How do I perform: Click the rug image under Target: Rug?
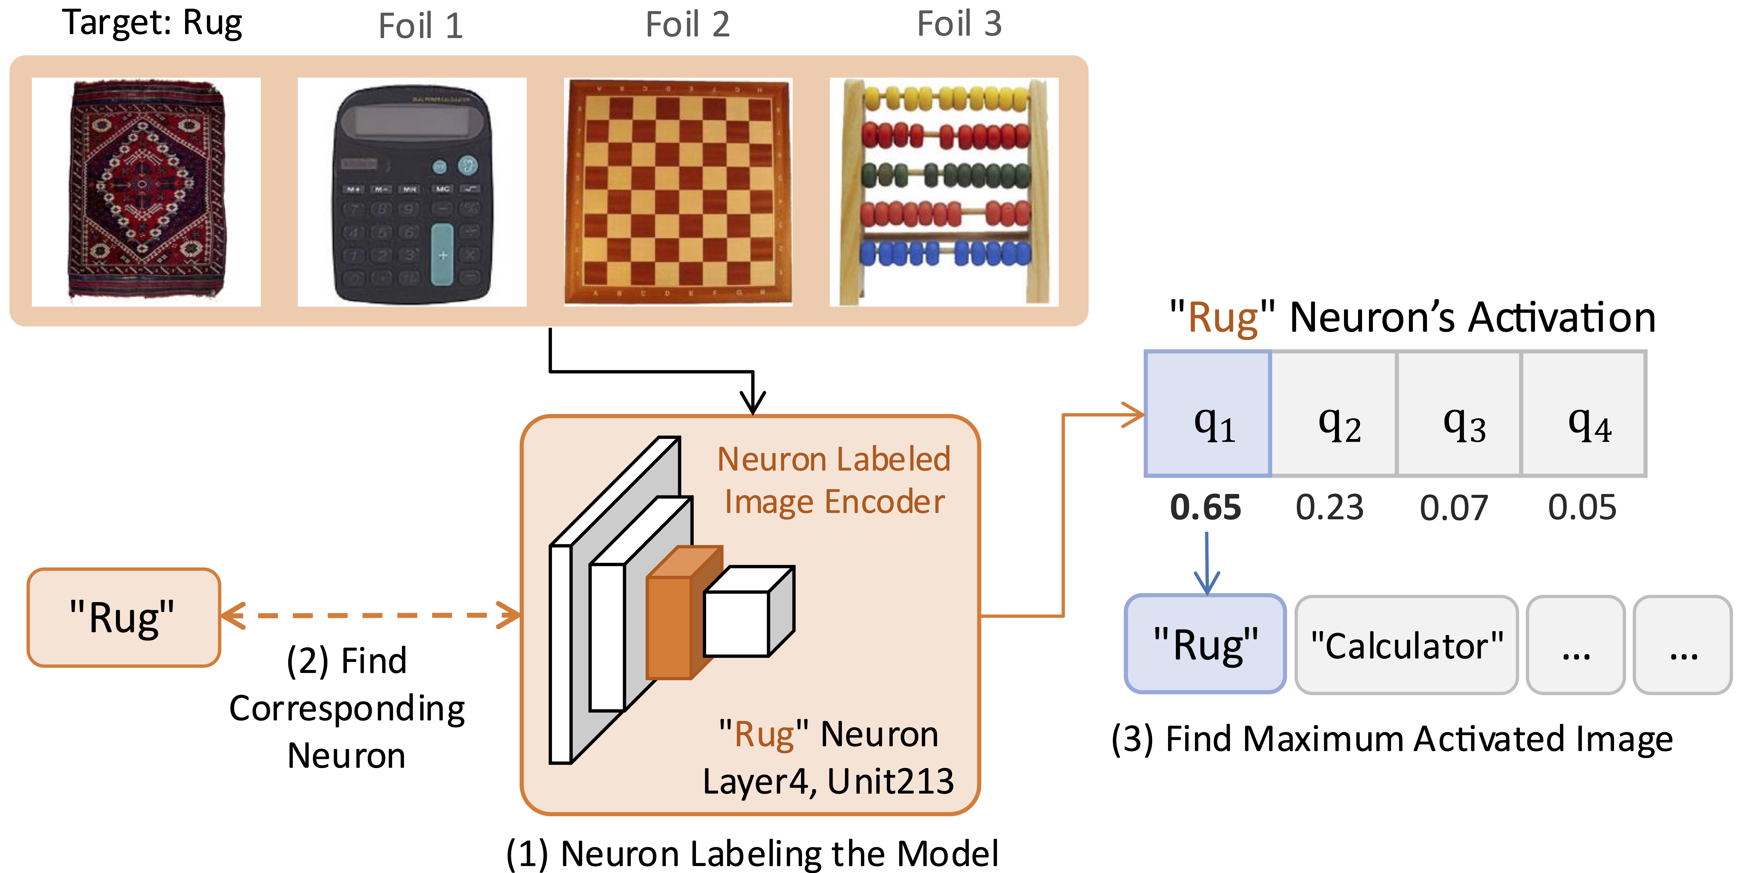click(x=146, y=192)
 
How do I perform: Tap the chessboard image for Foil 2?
click(x=678, y=192)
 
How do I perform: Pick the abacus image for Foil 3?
click(x=944, y=192)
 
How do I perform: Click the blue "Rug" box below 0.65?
click(x=1205, y=644)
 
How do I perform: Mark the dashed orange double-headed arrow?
click(x=371, y=616)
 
